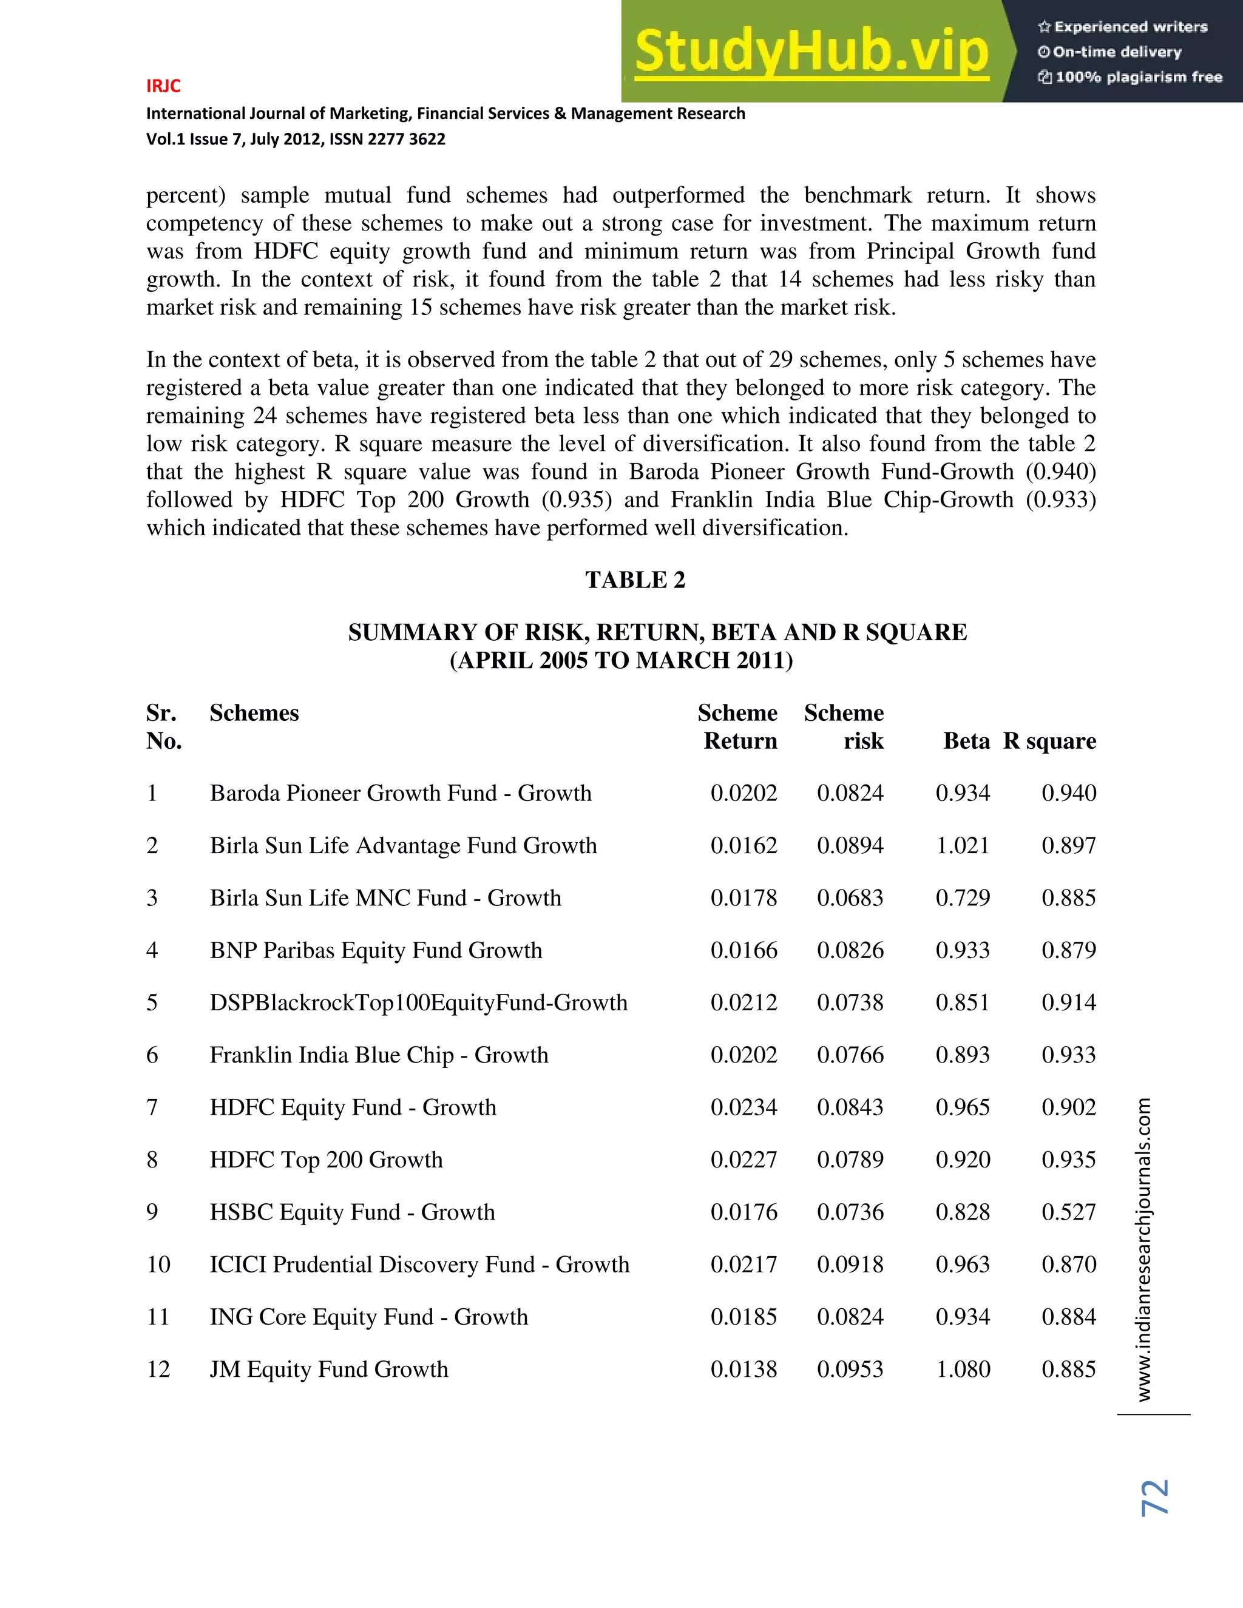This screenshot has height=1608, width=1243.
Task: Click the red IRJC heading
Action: [x=163, y=86]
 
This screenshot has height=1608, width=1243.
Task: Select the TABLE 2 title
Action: [x=635, y=580]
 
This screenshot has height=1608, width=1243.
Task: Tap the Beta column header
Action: [x=966, y=741]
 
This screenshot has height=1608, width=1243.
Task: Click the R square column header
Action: [x=1049, y=741]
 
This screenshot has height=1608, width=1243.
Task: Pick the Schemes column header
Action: [x=254, y=713]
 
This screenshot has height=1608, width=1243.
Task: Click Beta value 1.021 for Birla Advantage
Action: [x=963, y=845]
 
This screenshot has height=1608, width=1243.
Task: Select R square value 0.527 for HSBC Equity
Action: [x=1068, y=1212]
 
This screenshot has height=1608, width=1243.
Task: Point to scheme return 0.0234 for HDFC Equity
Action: [x=743, y=1107]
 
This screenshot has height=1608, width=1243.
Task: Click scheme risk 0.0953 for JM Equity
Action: [x=850, y=1370]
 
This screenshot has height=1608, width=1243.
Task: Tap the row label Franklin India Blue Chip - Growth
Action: [x=379, y=1055]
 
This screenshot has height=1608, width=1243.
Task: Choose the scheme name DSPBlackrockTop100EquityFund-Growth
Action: [x=418, y=1003]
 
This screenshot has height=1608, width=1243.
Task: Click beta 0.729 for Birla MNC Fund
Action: [x=963, y=898]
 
